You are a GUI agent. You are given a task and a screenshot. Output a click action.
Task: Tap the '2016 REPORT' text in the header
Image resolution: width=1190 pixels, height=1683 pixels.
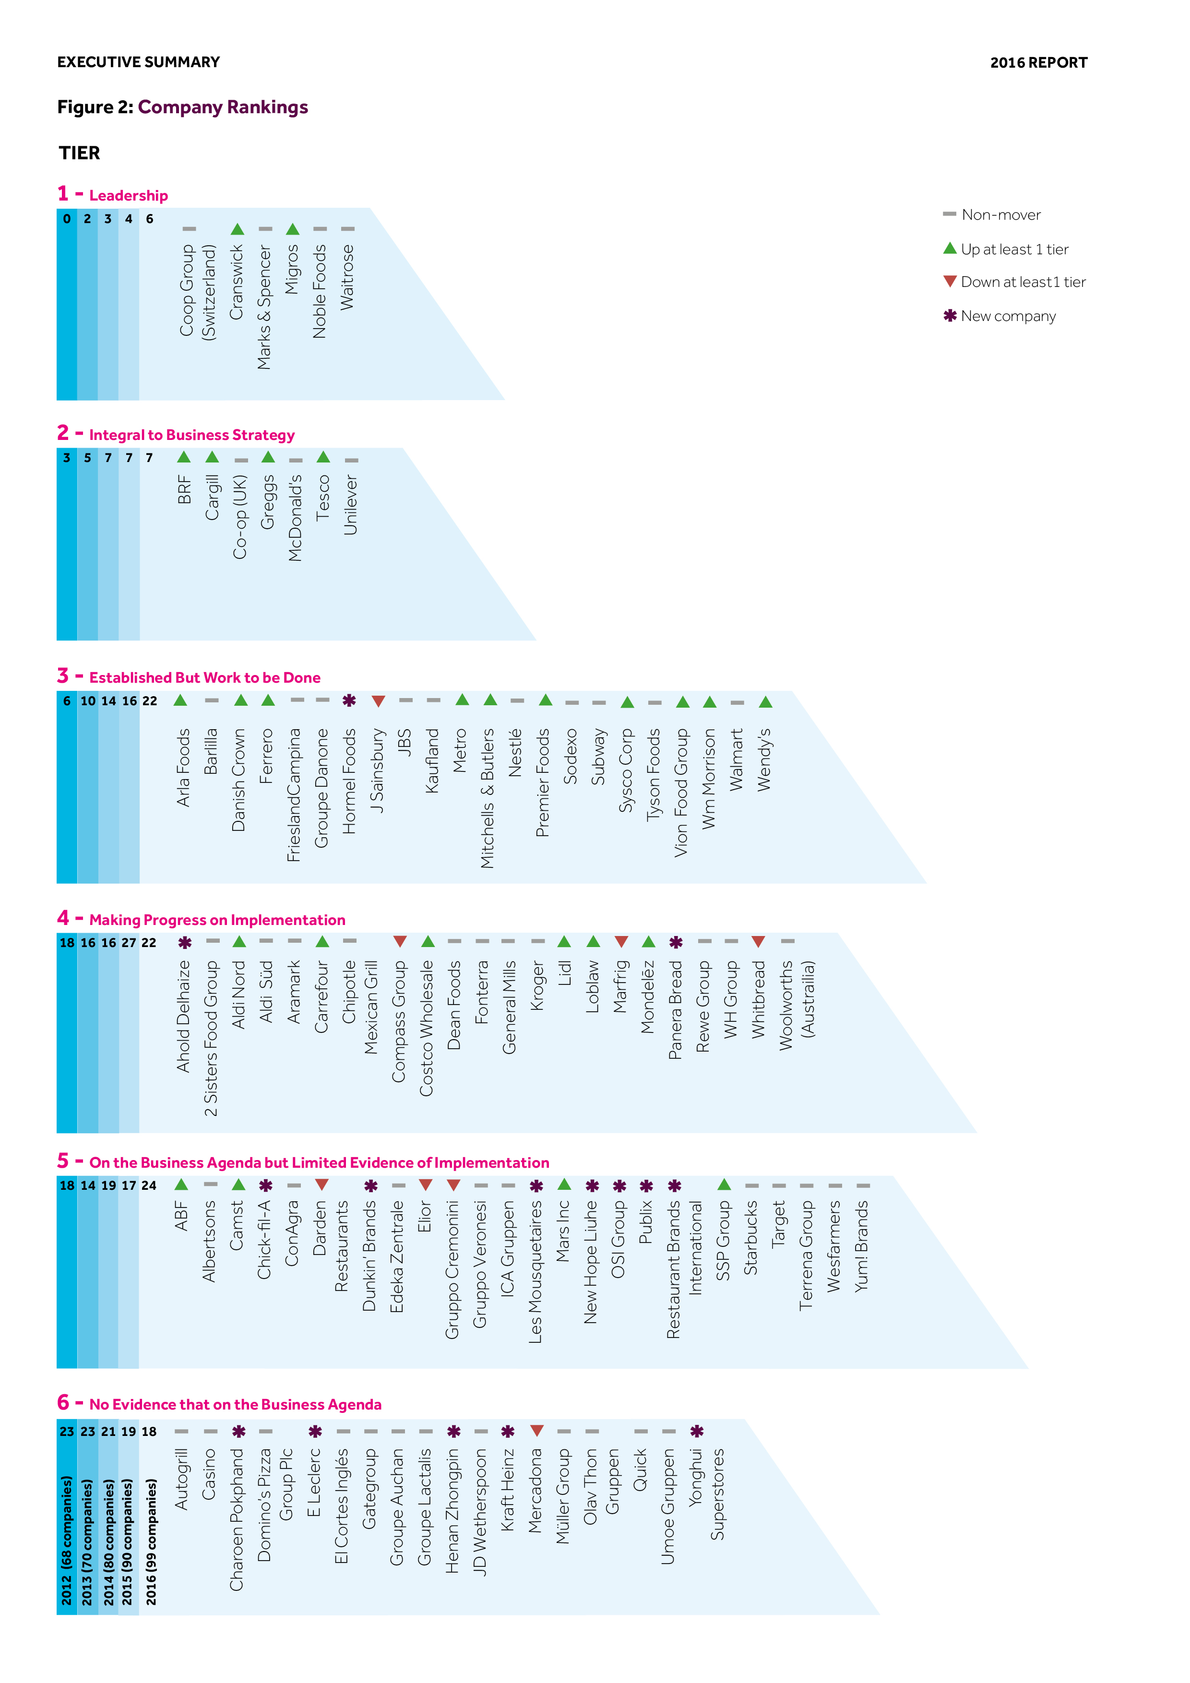[x=1038, y=63]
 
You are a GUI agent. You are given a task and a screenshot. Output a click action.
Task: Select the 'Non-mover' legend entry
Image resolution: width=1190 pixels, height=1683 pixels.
[x=1000, y=215]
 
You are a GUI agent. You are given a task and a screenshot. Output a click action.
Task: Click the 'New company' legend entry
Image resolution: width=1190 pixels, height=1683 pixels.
[x=1008, y=316]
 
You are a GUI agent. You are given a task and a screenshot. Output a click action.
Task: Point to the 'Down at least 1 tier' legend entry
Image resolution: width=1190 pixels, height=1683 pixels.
[x=1022, y=282]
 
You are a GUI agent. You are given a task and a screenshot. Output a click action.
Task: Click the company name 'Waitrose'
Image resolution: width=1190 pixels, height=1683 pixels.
[x=347, y=277]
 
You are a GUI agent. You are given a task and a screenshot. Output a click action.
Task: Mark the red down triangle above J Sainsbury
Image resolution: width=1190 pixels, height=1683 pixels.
[x=378, y=701]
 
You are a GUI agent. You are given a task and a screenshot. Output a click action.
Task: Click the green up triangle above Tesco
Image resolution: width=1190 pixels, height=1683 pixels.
[x=323, y=457]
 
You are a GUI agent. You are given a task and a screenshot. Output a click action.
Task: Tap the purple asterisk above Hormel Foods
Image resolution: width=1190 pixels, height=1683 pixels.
[x=350, y=701]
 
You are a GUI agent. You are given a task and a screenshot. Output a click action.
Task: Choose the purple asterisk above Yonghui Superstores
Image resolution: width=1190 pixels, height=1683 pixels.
[x=697, y=1431]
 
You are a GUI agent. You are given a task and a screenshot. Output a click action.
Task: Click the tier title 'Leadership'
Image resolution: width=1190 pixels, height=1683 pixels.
[x=128, y=196]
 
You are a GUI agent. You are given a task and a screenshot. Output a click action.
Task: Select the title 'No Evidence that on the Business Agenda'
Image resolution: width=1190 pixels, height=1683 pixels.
[x=235, y=1404]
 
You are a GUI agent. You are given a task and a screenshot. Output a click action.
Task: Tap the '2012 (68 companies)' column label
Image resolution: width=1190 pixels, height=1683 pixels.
[x=67, y=1541]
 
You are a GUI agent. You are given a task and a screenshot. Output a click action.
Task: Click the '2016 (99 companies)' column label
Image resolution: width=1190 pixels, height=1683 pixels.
[x=150, y=1541]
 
